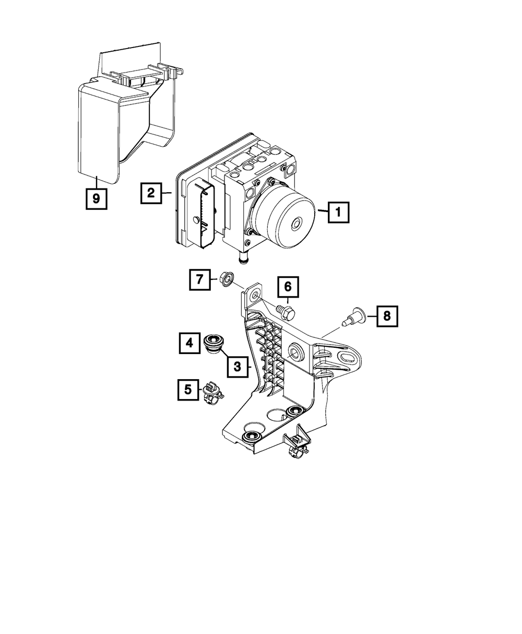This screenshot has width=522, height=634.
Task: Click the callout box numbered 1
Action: point(338,213)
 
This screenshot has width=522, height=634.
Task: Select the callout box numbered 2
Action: point(150,193)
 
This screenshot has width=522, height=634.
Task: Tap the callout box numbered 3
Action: point(238,367)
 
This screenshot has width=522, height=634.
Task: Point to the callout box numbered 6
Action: point(288,287)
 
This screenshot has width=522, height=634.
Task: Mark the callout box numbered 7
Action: point(200,280)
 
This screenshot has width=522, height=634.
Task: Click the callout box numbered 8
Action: point(386,315)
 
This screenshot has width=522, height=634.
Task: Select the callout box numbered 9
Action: point(97,198)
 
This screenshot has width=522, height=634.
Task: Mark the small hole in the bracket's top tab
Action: point(255,297)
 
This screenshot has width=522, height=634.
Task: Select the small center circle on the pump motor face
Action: point(296,224)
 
